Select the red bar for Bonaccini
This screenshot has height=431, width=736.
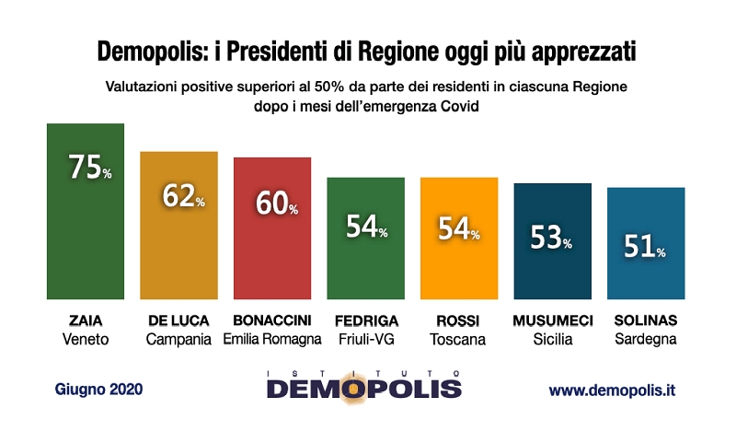(272, 249)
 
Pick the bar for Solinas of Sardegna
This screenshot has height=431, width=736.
(646, 267)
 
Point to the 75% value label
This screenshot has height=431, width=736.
(89, 169)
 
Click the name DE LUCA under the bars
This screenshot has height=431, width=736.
(178, 320)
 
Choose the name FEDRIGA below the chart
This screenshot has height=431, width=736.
(365, 320)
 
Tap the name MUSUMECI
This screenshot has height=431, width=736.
(553, 320)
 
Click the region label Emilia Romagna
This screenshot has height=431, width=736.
(272, 339)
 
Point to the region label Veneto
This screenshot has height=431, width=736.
(86, 339)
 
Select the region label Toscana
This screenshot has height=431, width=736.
(459, 339)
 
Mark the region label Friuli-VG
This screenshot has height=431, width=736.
(365, 339)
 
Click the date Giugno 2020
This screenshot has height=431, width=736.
(98, 390)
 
